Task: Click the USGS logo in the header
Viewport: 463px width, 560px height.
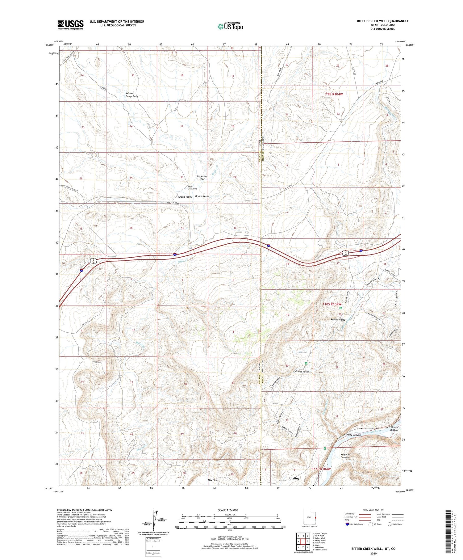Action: point(70,25)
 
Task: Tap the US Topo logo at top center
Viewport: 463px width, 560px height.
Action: point(230,26)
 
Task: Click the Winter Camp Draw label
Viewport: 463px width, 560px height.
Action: point(132,95)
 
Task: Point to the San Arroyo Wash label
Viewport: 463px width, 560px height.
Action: point(202,178)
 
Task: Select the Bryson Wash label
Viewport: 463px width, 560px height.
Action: point(202,196)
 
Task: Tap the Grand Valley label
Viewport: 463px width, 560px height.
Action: point(185,197)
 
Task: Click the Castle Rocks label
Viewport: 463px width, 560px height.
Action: point(302,372)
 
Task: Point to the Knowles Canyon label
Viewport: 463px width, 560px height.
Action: point(344,456)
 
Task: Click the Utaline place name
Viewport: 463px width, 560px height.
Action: point(294,478)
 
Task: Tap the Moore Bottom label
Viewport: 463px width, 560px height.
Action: point(394,429)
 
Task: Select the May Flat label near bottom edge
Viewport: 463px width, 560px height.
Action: point(212,480)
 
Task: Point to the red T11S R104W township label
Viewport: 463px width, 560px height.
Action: point(321,469)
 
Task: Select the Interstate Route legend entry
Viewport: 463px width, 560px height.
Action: point(355,524)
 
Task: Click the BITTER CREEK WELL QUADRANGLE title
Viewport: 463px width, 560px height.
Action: point(382,21)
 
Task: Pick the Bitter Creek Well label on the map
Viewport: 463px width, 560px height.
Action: point(192,188)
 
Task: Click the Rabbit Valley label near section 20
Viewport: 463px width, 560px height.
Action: point(338,319)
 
